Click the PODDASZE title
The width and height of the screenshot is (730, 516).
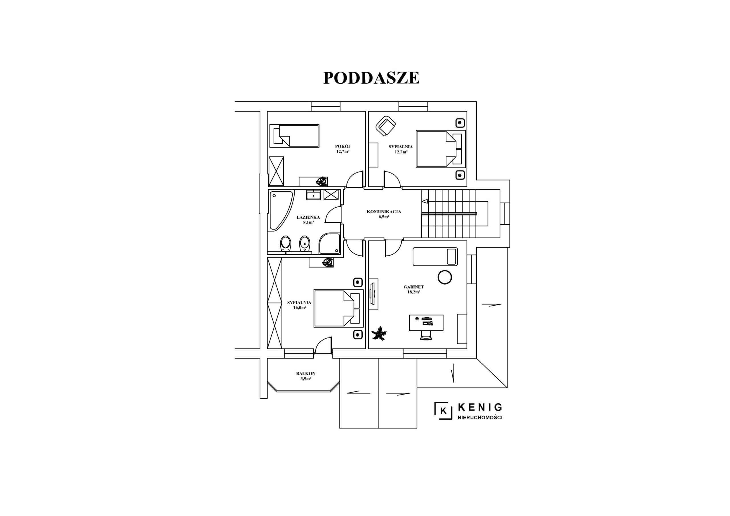click(371, 78)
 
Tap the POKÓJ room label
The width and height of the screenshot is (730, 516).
click(343, 146)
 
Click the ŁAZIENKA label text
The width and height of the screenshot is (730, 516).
click(308, 218)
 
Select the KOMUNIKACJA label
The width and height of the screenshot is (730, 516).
click(384, 212)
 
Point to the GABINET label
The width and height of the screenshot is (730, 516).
click(413, 287)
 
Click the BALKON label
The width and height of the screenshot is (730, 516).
click(305, 373)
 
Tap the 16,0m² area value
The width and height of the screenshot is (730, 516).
click(299, 308)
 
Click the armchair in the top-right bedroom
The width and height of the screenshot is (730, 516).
click(386, 126)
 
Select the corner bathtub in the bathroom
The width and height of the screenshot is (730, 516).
click(280, 210)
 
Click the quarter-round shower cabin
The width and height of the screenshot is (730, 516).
click(330, 244)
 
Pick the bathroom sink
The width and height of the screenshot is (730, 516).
click(313, 195)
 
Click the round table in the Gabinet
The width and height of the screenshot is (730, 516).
click(445, 277)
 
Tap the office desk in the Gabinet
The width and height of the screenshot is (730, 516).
click(426, 323)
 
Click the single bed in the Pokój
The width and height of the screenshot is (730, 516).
click(294, 136)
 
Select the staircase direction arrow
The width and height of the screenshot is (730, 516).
click(425, 202)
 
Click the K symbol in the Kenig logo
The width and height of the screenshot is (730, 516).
click(443, 411)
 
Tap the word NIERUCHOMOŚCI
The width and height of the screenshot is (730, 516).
click(480, 418)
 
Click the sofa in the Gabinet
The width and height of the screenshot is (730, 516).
click(435, 257)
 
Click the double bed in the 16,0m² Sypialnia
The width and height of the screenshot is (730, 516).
click(338, 308)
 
